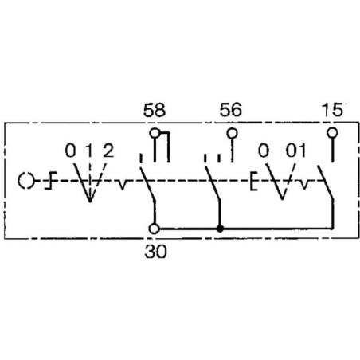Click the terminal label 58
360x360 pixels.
155,110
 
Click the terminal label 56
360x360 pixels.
231,110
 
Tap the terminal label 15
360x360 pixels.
332,110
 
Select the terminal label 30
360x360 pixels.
156,251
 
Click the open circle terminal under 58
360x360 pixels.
155,133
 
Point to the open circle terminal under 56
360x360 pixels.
233,133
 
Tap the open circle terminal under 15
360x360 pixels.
332,132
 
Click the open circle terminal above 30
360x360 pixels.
155,229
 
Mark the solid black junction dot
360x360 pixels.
220,229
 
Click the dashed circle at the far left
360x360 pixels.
26,181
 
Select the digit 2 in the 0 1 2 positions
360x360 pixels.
108,151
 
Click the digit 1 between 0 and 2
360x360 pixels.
89,151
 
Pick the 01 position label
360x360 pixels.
295,151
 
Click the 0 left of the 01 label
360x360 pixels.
264,151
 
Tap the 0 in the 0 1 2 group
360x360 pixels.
71,151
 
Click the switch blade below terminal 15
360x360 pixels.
326,182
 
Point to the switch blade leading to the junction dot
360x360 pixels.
213,184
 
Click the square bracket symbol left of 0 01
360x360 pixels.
254,182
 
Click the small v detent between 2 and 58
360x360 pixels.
122,185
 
